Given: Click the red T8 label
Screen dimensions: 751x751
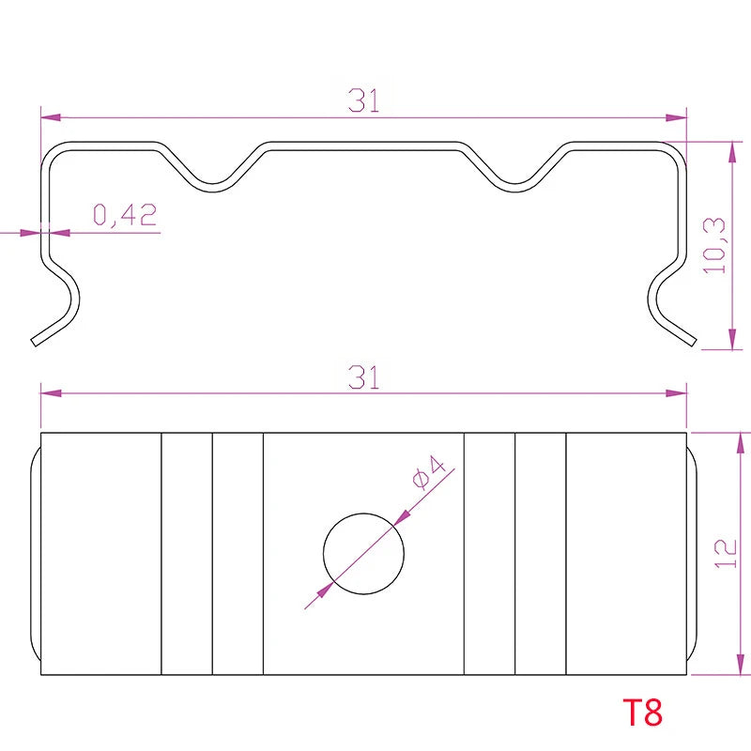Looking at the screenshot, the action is tap(642, 713).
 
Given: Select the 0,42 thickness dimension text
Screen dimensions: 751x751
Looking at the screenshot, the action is tap(125, 215).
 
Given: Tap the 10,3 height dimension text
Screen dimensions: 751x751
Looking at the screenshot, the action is tap(714, 246).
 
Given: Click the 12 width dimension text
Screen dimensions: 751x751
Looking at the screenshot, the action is tap(726, 554).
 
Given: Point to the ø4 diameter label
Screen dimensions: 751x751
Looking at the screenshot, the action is tap(429, 473).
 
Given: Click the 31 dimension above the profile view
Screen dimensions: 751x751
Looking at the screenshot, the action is tap(364, 100).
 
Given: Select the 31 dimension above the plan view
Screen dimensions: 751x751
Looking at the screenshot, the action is tap(364, 376).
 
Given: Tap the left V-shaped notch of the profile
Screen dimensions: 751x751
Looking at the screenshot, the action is tap(213, 187).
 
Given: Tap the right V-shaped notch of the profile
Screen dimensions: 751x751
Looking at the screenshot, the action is tap(514, 187).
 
